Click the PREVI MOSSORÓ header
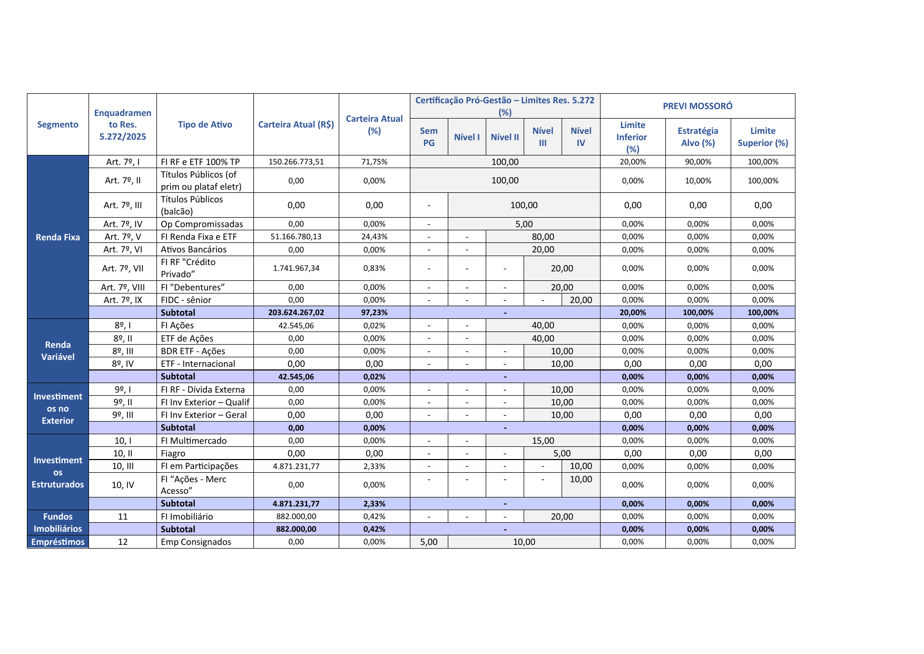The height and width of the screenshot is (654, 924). [x=697, y=106]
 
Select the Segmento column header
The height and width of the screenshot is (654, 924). [x=57, y=124]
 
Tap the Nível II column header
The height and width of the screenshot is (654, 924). [x=505, y=137]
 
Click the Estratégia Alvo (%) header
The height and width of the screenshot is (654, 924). [x=697, y=137]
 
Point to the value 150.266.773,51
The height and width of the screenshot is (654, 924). [x=296, y=162]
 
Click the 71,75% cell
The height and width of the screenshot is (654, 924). [x=374, y=162]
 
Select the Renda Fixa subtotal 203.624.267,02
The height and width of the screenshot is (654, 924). [x=296, y=313]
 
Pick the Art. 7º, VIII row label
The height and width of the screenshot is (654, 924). [x=123, y=287]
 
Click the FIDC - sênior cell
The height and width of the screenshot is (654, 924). [x=186, y=300]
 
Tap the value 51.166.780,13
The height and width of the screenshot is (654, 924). [x=296, y=237]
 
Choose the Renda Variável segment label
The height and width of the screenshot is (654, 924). [x=57, y=351]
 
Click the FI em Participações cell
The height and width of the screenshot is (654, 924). [x=199, y=466]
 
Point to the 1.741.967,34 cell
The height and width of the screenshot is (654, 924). [x=296, y=268]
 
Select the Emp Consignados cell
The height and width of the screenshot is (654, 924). [x=196, y=542]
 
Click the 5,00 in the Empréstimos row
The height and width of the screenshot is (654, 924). [x=429, y=542]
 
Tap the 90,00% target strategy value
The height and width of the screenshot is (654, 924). [x=697, y=162]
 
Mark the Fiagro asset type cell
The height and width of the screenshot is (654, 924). [x=173, y=453]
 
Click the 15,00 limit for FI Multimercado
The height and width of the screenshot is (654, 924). [x=543, y=441]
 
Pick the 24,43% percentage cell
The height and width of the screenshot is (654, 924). [x=374, y=237]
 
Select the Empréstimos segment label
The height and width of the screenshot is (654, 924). [x=57, y=542]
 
